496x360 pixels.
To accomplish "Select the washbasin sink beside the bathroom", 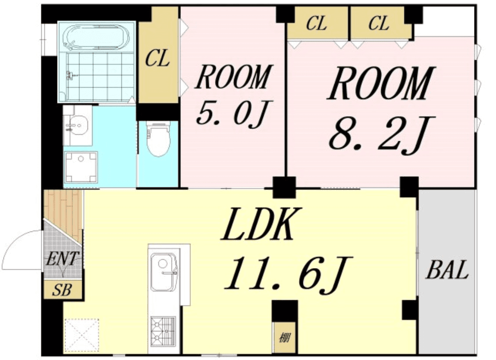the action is pos(77,126).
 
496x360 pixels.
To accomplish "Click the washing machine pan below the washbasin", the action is pos(80,167).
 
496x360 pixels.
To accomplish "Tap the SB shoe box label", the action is pos(62,290).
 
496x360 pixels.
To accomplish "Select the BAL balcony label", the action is pos(447,270).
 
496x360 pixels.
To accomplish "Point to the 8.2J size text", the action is pos(382,134).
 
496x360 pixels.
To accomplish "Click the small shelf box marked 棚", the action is pos(284,338).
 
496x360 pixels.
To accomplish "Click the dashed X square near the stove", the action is pos(82,334).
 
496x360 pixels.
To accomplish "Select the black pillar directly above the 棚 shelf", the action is pos(284,311).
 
